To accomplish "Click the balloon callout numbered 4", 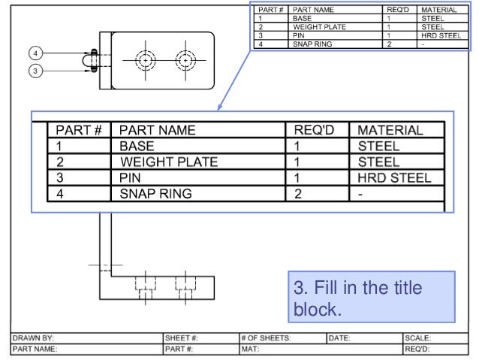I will [x=35, y=53].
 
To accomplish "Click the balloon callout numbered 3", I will [x=35, y=71].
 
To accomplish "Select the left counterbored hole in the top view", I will [x=144, y=60].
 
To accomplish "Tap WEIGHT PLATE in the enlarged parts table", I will [x=169, y=162].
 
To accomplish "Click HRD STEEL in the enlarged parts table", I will [x=394, y=178].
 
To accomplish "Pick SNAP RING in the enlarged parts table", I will [x=155, y=194].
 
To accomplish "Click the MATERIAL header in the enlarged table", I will [x=390, y=130].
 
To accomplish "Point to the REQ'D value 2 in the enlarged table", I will [x=297, y=194].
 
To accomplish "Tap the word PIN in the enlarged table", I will [x=130, y=178].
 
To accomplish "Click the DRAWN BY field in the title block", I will [x=34, y=338].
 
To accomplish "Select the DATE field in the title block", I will [x=339, y=338].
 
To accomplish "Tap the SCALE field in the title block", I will [x=417, y=338].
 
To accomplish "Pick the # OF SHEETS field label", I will [x=266, y=338].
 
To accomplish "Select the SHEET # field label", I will [x=181, y=338].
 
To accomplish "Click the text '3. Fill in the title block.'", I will [x=357, y=298].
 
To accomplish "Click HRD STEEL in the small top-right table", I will [x=441, y=35].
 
